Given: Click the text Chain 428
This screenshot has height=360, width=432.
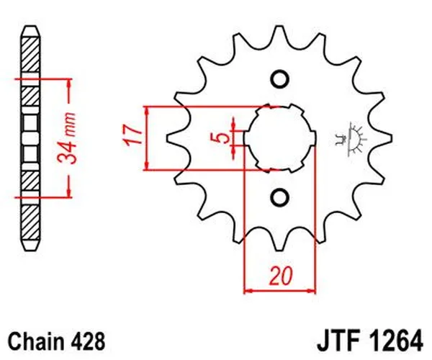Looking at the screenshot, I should coord(56,338).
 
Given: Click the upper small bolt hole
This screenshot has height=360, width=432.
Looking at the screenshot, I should coord(280,78).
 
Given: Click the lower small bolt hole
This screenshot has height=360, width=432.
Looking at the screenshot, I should coord(280,197).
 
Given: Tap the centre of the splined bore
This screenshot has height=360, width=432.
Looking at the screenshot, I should coord(280,138).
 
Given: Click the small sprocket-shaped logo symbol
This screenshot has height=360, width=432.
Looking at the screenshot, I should coord(353,137).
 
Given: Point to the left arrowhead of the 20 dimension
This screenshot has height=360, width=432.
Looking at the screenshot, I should coord(249,291).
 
